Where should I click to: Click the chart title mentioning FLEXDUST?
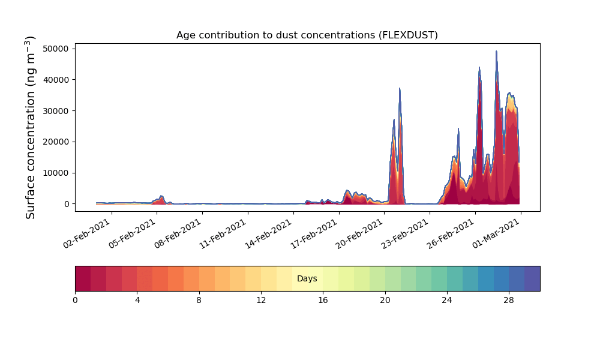click(x=307, y=35)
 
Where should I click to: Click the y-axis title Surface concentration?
click(x=30, y=128)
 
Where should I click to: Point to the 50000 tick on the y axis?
click(x=56, y=49)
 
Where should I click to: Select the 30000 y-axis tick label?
click(x=56, y=111)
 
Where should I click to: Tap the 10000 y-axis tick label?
click(x=56, y=173)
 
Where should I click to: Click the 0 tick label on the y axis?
click(x=67, y=204)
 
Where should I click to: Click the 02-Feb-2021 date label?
click(x=87, y=233)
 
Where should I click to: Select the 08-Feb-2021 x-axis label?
click(x=178, y=233)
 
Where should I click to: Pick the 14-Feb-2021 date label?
click(x=269, y=233)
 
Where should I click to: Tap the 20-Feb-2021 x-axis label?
click(x=359, y=233)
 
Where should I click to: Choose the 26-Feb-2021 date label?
click(x=451, y=233)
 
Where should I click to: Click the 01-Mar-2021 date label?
click(x=496, y=233)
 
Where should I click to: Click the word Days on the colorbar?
click(x=307, y=278)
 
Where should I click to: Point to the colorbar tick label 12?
click(x=261, y=301)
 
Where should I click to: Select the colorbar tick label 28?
click(x=509, y=301)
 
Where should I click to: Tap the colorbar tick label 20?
click(x=385, y=301)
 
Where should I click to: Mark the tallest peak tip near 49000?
click(x=496, y=51)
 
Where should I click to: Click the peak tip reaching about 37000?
click(x=400, y=88)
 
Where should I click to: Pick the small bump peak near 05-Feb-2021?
click(x=161, y=196)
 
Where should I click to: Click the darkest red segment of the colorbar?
click(x=83, y=278)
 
